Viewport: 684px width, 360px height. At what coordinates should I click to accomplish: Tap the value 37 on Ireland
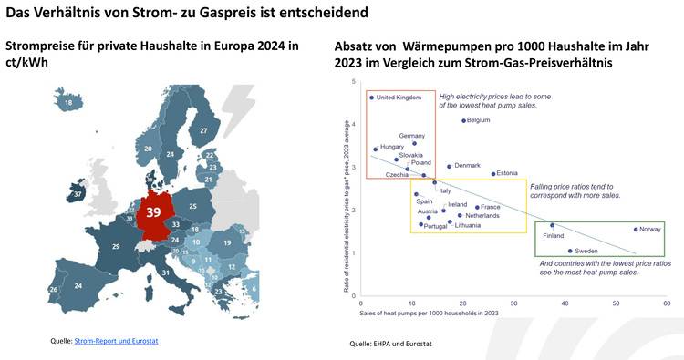pos(78,194)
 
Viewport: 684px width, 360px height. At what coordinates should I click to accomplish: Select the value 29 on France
pos(116,247)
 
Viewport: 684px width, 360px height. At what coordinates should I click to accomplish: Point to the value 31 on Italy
pos(166,273)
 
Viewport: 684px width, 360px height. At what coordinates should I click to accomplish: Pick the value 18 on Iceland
pos(68,104)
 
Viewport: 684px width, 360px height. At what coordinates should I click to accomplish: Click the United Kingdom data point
pos(372,97)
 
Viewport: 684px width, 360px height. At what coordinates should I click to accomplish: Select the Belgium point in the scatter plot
pos(464,120)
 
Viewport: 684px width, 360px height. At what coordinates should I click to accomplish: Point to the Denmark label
pos(467,165)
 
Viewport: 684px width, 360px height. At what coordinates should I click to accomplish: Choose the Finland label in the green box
pos(554,236)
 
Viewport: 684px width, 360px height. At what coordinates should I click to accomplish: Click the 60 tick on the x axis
pos(667,303)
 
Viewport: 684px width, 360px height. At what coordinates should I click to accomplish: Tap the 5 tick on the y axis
pos(353,82)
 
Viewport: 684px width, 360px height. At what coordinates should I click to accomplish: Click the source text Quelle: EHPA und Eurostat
pos(390,344)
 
